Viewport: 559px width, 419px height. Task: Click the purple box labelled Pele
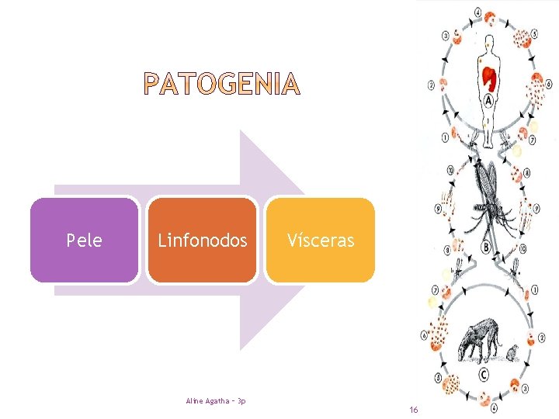point(85,241)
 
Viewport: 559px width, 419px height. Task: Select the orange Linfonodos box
point(203,241)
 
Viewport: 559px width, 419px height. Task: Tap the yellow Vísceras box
point(320,241)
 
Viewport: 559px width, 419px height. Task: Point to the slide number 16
point(414,409)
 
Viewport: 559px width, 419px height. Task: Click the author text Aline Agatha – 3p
point(216,400)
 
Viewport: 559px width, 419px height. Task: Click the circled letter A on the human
point(488,100)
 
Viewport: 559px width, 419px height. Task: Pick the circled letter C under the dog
point(484,374)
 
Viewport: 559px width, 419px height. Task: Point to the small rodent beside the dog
point(512,354)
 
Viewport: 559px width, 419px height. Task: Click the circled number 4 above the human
point(477,13)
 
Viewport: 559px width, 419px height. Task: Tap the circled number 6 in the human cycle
point(548,84)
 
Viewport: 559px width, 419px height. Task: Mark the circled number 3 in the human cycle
point(445,35)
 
